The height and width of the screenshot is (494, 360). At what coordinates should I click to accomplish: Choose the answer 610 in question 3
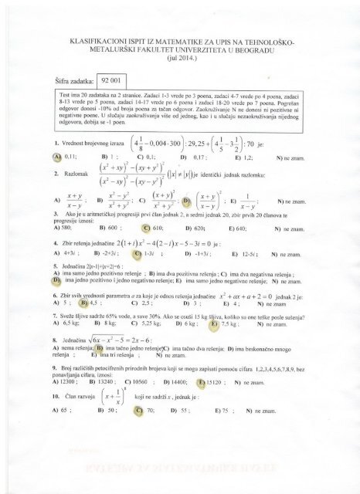point(150,229)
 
